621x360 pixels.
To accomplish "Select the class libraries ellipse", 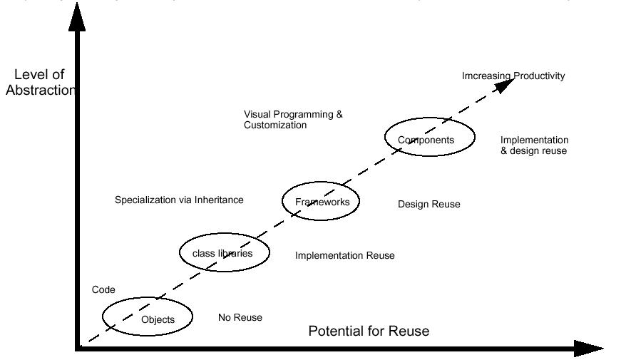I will (x=225, y=252).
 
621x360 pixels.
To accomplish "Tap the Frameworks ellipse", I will (x=321, y=201).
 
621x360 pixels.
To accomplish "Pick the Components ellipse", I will (x=429, y=138).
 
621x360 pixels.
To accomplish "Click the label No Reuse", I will (x=240, y=317).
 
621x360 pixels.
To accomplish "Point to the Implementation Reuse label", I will (x=344, y=255).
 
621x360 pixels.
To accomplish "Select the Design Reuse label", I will (x=428, y=205).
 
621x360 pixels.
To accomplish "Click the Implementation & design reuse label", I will (x=534, y=145).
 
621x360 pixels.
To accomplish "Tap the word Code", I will (x=103, y=289).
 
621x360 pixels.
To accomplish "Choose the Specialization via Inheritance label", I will (x=179, y=200).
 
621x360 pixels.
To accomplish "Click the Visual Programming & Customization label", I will (x=293, y=119).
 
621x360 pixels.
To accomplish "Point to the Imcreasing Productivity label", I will (x=513, y=76).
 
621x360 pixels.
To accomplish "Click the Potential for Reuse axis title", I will (x=369, y=331).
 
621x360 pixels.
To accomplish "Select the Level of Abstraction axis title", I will (x=40, y=82).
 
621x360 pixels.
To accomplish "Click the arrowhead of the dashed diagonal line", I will (x=505, y=83).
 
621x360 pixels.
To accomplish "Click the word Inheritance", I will (x=219, y=200).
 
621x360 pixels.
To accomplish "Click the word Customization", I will (x=275, y=125).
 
